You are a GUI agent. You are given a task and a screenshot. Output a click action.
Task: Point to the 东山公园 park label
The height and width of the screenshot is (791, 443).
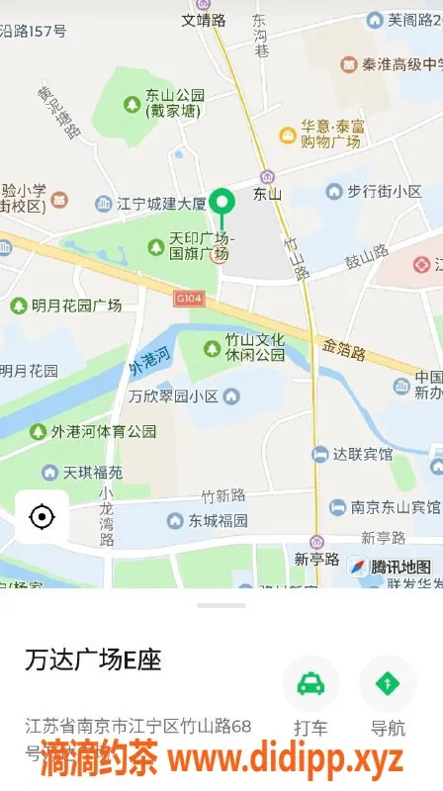coord(174,103)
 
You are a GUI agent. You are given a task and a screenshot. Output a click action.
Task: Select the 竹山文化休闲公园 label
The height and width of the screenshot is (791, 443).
coord(254,347)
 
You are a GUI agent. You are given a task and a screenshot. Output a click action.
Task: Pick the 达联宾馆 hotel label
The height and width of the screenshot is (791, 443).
coord(362,455)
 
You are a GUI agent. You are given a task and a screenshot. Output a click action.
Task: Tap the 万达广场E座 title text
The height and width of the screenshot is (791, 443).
coord(93,659)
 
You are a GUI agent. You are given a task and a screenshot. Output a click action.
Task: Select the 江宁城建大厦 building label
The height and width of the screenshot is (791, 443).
coord(160,205)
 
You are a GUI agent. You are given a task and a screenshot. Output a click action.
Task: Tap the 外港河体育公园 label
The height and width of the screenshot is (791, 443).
coord(104,431)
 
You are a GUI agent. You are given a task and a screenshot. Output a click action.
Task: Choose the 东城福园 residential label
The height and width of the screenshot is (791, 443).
coord(218,520)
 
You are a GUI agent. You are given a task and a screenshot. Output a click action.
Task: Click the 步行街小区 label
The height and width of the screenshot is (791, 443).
coord(384,192)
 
